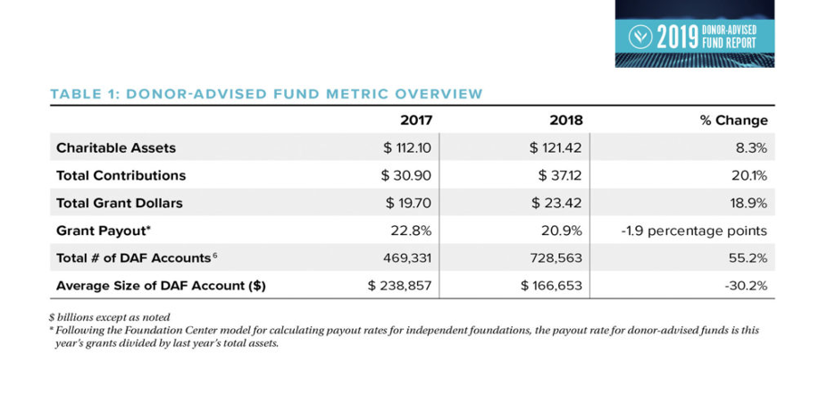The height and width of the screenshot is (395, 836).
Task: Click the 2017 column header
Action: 416,121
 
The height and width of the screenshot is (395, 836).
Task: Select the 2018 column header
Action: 566,121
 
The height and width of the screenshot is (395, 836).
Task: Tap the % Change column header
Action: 734,121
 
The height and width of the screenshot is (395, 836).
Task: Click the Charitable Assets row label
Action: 116,147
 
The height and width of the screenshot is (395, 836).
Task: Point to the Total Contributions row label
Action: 121,176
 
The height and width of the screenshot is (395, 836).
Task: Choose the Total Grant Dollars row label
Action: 120,204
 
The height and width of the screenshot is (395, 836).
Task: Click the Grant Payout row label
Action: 104,231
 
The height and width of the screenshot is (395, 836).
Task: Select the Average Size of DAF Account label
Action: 161,287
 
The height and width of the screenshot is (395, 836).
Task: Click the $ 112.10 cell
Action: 407,147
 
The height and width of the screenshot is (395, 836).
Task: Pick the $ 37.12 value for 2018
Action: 558,176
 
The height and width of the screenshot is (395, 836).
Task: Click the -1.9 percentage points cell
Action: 695,231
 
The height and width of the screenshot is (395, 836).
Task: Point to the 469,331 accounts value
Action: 407,259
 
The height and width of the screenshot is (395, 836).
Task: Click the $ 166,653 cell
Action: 552,287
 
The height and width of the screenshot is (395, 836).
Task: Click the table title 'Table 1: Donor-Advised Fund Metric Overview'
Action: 266,95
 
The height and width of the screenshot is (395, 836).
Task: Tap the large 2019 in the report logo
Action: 677,37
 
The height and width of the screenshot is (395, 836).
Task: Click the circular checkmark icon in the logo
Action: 639,37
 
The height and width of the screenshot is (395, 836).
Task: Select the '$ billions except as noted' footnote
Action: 111,316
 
